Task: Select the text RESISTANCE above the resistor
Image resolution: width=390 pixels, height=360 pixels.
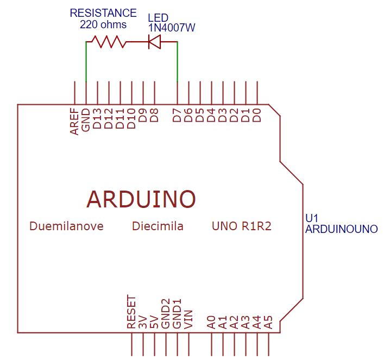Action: point(103,12)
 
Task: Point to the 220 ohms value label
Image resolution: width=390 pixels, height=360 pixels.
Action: point(103,24)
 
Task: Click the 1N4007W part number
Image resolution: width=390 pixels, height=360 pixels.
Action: point(171,27)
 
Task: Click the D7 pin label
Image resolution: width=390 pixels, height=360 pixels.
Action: point(177,116)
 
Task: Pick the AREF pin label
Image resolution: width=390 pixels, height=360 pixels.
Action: point(74,121)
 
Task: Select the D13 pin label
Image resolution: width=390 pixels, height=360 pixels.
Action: point(98,118)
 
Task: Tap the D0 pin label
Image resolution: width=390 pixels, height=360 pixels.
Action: point(257,115)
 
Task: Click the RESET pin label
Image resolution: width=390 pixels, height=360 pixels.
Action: point(131,312)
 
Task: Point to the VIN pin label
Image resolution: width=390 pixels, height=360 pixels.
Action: point(188,319)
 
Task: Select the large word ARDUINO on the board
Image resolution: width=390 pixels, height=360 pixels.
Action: point(141,199)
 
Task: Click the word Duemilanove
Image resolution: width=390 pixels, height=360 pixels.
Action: point(66,226)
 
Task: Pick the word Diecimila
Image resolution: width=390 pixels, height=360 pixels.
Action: point(158,226)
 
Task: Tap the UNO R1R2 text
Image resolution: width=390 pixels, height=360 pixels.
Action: point(241,226)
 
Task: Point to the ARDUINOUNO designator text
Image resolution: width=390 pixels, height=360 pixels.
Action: point(341,229)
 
